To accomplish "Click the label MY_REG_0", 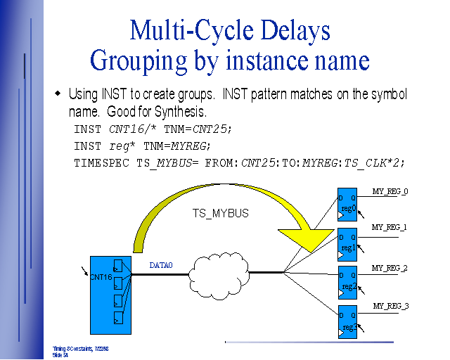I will point(390,192).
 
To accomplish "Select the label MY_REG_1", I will point(390,227).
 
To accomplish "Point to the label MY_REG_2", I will point(390,268).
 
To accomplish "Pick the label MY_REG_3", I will point(391,306).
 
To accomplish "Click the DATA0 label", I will point(161,265).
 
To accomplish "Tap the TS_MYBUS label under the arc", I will point(221,213).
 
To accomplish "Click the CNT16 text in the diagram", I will point(101,277).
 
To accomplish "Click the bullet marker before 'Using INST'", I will point(58,94).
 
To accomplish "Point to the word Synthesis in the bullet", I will point(182,111).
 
